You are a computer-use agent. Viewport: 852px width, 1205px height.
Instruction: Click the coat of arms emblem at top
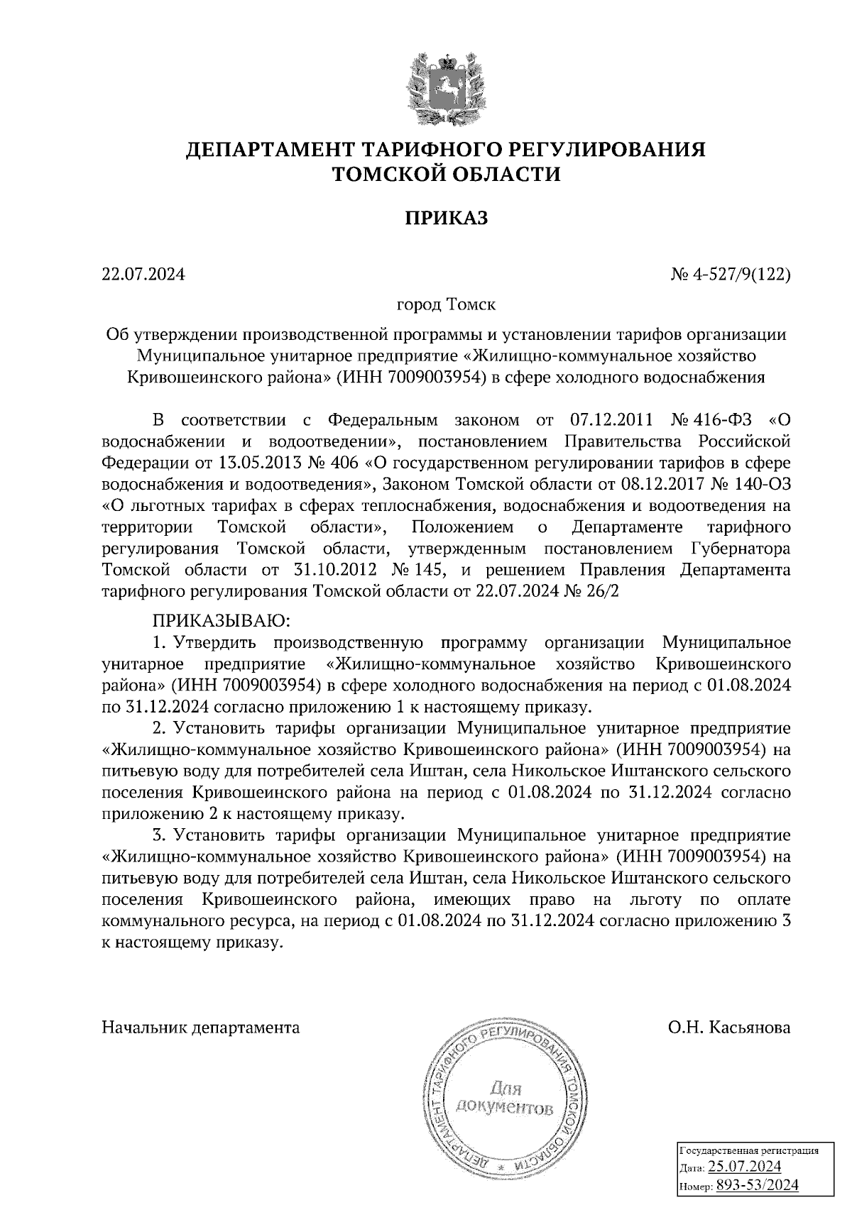coord(446,86)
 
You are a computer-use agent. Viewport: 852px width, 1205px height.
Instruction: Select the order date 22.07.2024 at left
coord(143,273)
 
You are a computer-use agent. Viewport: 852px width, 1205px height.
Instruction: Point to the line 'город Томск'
coord(446,305)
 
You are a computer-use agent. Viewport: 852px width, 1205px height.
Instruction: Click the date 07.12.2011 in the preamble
coord(611,419)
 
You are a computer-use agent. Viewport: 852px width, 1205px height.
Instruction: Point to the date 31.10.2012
coord(334,570)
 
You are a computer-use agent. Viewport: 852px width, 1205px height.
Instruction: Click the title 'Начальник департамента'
coord(201,1027)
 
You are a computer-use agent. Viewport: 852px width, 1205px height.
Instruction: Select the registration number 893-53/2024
coord(757,1184)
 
